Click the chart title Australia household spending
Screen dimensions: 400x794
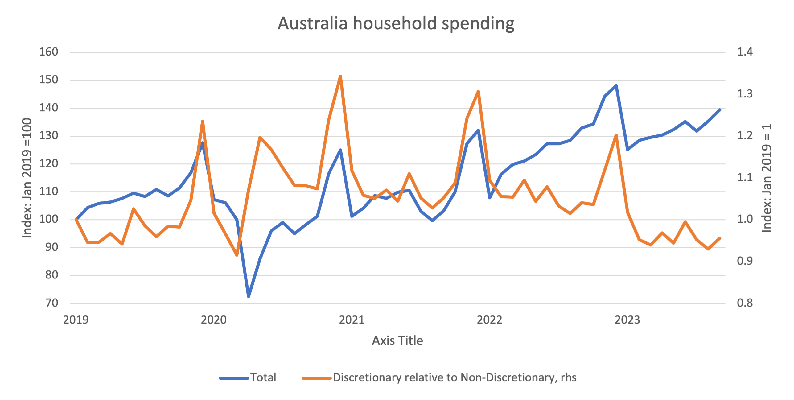click(x=396, y=23)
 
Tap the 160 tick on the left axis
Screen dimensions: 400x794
click(x=48, y=52)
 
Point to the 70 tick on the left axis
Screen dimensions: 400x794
click(x=52, y=303)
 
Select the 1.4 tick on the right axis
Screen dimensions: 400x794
click(x=745, y=52)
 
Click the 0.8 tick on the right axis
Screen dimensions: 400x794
click(x=745, y=303)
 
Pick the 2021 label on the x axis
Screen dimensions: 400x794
click(x=352, y=320)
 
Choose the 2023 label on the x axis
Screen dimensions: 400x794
click(x=627, y=320)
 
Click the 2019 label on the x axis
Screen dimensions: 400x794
click(x=76, y=320)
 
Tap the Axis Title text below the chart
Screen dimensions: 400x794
click(x=397, y=340)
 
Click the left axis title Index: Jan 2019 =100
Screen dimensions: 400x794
click(x=27, y=178)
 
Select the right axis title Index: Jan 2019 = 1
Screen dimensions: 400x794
click(x=767, y=178)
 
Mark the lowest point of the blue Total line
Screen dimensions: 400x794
click(x=249, y=296)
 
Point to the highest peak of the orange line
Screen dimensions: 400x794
click(x=340, y=76)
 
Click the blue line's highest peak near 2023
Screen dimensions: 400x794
click(x=616, y=85)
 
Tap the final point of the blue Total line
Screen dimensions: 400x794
click(x=720, y=110)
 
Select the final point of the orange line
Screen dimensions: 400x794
click(x=720, y=238)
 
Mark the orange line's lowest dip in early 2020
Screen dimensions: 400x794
click(x=237, y=255)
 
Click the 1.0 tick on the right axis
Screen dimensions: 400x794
click(x=745, y=219)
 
